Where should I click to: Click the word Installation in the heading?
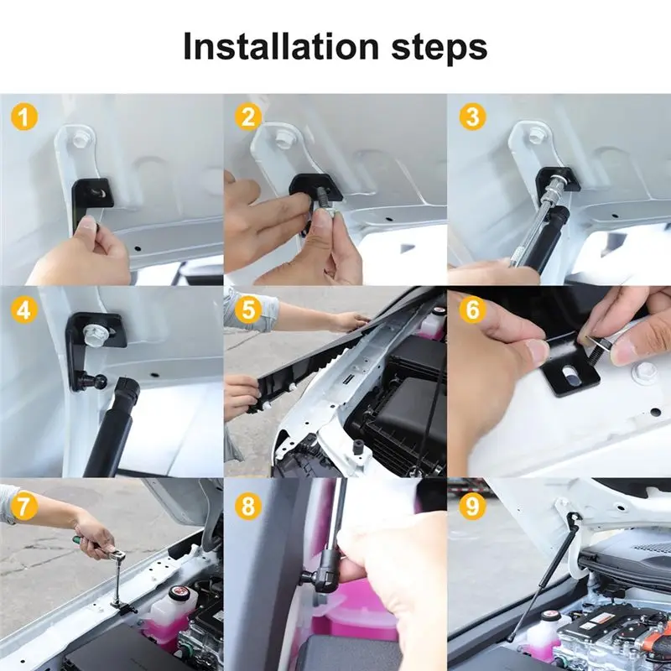point(281,45)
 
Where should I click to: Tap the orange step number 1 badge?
point(24,117)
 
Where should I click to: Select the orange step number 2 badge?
point(247,117)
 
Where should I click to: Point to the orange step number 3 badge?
point(472,117)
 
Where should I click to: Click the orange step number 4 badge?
point(24,309)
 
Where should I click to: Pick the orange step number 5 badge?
point(247,309)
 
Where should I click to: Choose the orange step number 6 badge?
point(472,309)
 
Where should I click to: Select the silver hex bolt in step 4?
point(96,335)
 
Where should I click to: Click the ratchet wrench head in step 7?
point(117,554)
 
